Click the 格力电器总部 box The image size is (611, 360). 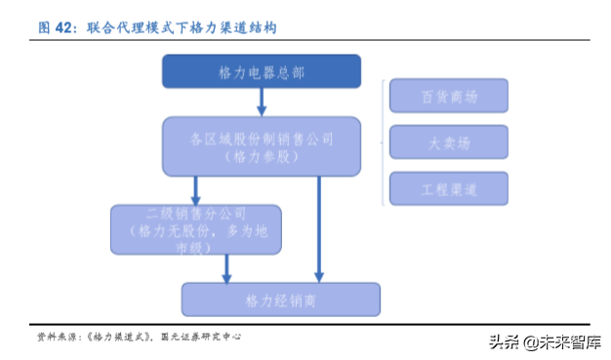click(261, 71)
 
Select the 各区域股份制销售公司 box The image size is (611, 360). click(261, 146)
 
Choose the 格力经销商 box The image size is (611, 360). click(280, 299)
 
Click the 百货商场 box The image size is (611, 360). click(449, 96)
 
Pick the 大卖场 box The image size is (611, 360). click(449, 141)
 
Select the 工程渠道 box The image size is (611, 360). click(449, 187)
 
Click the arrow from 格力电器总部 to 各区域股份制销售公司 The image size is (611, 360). click(262, 101)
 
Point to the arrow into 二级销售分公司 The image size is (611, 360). click(196, 190)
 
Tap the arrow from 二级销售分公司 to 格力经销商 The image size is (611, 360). click(228, 267)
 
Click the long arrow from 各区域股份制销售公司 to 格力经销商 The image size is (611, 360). click(318, 229)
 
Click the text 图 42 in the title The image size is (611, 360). click(56, 28)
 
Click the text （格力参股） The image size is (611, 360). click(261, 156)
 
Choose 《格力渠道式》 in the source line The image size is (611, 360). click(117, 337)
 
